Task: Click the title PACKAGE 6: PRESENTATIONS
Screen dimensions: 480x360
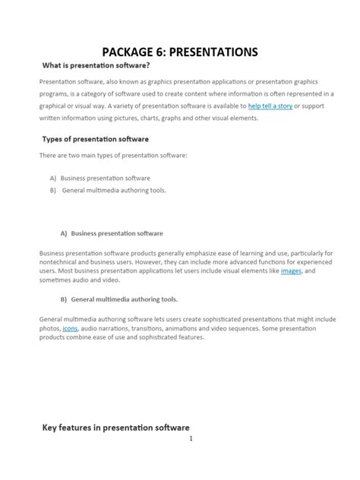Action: (180, 52)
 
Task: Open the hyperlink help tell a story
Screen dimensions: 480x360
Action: (270, 106)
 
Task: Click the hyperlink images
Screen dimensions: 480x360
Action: (291, 270)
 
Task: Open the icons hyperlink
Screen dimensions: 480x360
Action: (70, 328)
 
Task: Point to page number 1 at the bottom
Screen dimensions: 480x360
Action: (191, 438)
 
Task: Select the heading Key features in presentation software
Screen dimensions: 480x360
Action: (115, 427)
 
